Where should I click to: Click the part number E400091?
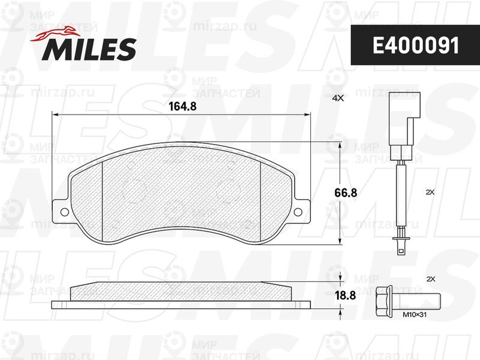tap(416, 46)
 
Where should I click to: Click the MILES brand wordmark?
tap(89, 49)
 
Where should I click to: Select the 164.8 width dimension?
tap(182, 106)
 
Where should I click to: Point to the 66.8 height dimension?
tap(346, 193)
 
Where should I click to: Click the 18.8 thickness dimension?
tap(345, 296)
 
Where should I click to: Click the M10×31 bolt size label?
tap(415, 314)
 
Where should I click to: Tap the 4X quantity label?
tap(338, 98)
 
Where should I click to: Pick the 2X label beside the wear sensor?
tap(430, 193)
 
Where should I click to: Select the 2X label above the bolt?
tap(431, 279)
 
